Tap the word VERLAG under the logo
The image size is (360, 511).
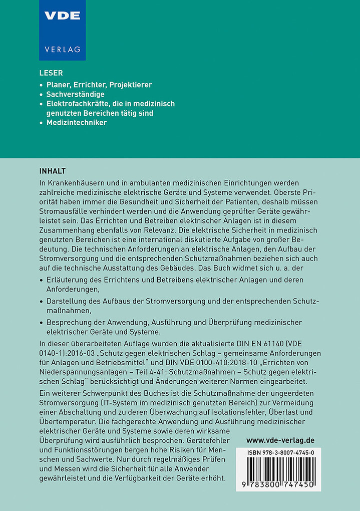tap(62, 50)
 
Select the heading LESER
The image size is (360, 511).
tap(51, 73)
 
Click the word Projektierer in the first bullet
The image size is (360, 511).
tap(130, 85)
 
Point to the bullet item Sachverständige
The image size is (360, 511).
tap(76, 94)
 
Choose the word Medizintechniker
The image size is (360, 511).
tap(77, 123)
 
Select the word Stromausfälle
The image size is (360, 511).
tap(63, 213)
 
